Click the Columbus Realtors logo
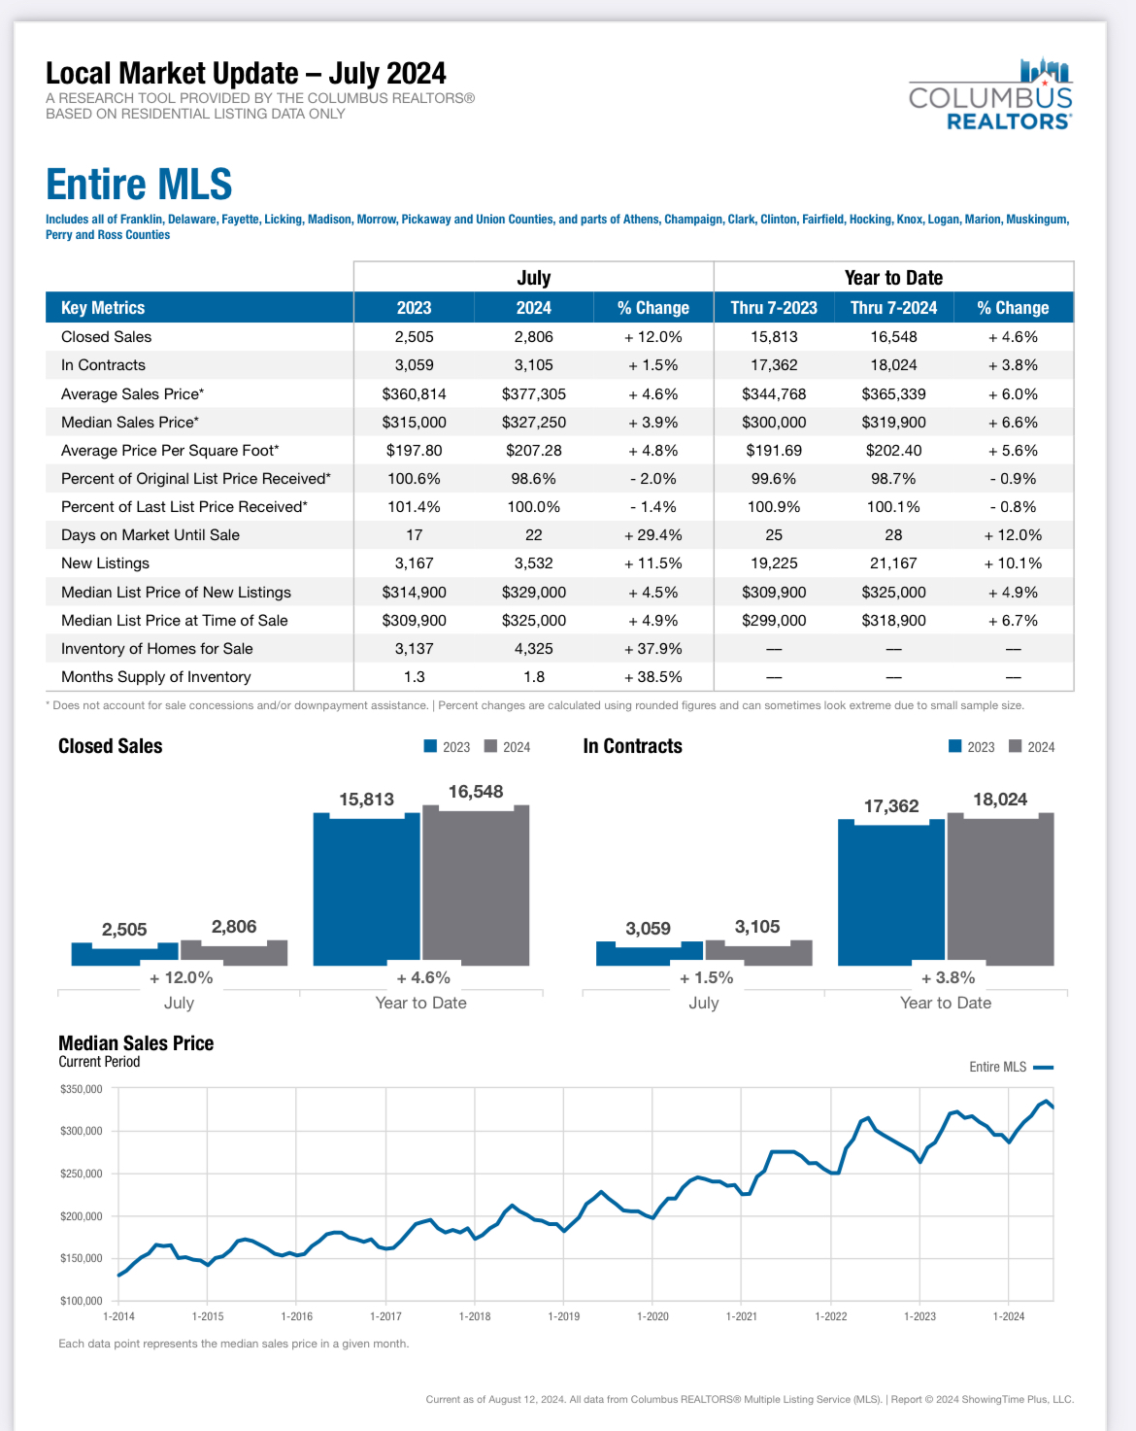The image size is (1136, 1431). click(x=989, y=94)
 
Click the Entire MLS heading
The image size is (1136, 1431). click(x=139, y=184)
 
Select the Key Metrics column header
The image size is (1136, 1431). click(x=103, y=308)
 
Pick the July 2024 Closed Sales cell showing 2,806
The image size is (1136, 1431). click(x=534, y=337)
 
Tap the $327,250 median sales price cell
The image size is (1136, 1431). click(x=534, y=423)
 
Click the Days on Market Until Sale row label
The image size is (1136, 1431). click(x=150, y=535)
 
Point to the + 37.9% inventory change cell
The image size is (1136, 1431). click(x=652, y=649)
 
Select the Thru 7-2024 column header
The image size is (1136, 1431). click(x=893, y=308)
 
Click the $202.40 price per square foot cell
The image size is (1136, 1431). click(x=893, y=451)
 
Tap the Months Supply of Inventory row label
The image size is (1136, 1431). click(x=156, y=677)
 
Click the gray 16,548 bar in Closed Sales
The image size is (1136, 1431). click(x=476, y=885)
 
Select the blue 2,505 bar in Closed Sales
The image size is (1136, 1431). click(x=125, y=954)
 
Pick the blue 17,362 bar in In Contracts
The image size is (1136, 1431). click(x=890, y=893)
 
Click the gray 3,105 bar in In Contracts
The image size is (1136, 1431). click(x=758, y=953)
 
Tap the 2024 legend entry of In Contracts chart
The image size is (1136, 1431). click(x=1032, y=747)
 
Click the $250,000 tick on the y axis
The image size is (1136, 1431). click(x=82, y=1174)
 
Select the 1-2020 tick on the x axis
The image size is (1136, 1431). click(x=652, y=1316)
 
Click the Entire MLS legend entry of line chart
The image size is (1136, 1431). click(x=1011, y=1068)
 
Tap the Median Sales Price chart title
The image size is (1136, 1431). click(x=136, y=1043)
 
